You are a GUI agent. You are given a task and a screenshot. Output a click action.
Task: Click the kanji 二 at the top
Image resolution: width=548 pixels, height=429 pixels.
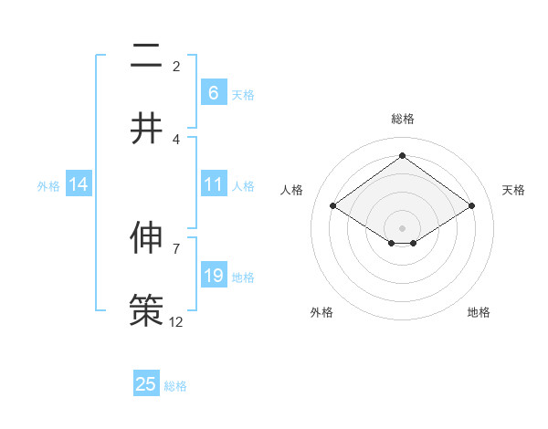coord(146,58)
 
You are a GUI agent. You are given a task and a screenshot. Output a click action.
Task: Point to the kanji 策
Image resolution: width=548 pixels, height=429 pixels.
coord(146,309)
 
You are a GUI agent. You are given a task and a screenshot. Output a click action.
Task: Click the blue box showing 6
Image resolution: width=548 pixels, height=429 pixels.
coord(213,92)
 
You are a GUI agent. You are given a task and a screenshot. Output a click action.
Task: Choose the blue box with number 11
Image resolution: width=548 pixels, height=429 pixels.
coord(213,184)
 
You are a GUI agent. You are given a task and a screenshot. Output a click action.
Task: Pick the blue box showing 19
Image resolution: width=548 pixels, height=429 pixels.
coord(213,276)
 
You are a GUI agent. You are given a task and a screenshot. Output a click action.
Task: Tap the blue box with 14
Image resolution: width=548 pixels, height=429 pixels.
coord(79,184)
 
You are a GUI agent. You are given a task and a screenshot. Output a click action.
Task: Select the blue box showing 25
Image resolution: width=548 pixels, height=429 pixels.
coord(146,384)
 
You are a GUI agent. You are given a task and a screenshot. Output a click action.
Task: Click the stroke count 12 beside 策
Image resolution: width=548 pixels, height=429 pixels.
coord(176,321)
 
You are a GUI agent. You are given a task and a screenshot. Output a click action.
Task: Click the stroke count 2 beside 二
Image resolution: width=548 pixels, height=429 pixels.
coord(176,67)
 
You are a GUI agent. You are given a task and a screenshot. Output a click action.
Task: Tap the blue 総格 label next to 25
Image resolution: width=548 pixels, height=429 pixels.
coord(175,386)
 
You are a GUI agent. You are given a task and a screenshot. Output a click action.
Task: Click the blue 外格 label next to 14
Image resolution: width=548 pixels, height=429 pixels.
coord(48,186)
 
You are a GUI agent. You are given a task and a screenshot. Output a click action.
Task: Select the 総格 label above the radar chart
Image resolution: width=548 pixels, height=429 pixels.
coord(402,119)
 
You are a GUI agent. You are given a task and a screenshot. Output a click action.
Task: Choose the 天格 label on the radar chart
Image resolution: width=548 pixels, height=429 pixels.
coord(513,190)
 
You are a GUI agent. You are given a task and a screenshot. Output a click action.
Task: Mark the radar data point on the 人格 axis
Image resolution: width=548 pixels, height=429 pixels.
coord(332,206)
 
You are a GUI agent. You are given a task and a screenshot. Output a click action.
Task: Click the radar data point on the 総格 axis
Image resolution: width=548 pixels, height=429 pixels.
coord(402,156)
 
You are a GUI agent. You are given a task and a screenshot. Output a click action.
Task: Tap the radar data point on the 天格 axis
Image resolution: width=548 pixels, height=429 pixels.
coord(471,206)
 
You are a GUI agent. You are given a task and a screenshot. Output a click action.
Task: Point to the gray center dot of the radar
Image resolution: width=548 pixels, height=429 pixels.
coord(402,227)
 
